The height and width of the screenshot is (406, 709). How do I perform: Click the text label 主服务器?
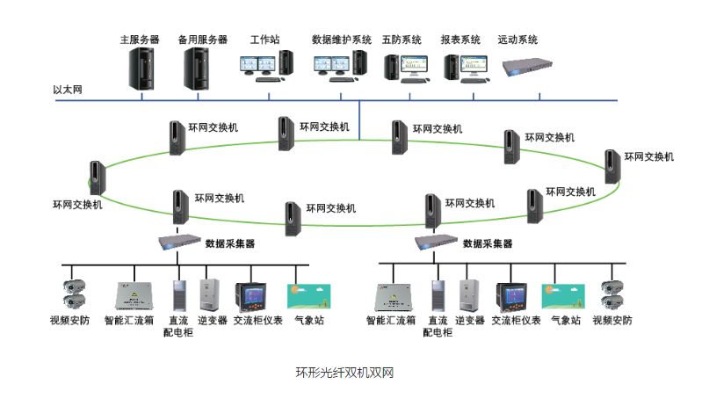(140, 40)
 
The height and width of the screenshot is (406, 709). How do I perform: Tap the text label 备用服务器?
(202, 40)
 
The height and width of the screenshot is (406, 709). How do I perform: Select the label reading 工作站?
(264, 40)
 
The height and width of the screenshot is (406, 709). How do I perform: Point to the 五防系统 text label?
(402, 40)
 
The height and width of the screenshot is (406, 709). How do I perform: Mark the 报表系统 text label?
(460, 40)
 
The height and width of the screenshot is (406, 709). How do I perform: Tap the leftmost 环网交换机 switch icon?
(98, 178)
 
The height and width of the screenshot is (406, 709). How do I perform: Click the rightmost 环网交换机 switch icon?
(612, 166)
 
